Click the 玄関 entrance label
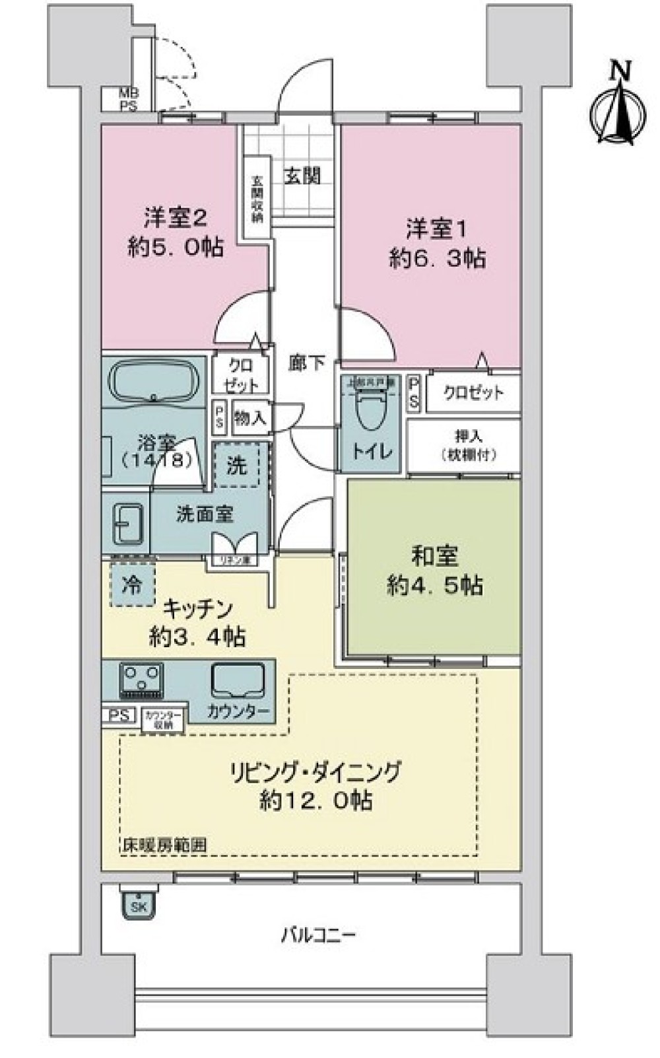[302, 176]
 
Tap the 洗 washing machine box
[237, 466]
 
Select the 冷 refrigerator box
[131, 584]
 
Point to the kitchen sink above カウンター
[238, 680]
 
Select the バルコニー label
[319, 935]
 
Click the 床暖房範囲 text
[164, 845]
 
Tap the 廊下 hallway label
[306, 363]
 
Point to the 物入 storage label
[251, 418]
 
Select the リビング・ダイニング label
[315, 771]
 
